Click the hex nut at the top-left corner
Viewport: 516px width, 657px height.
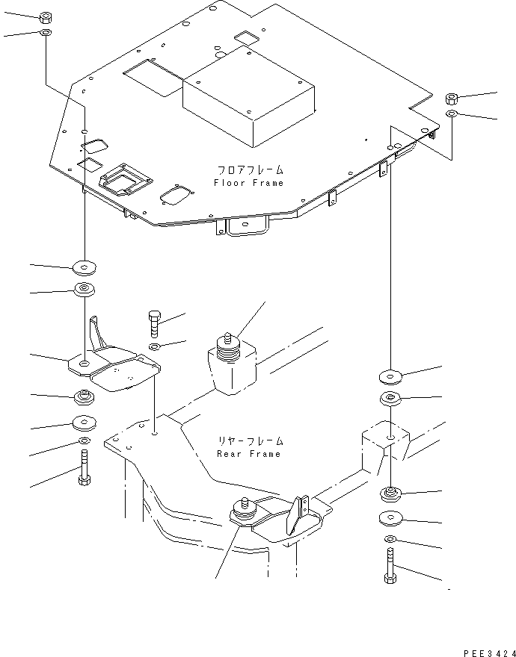(46, 18)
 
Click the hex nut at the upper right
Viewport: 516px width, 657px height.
(452, 99)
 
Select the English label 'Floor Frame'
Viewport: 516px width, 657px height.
(248, 183)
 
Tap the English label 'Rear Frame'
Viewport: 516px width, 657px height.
(248, 454)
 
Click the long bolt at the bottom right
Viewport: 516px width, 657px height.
(389, 565)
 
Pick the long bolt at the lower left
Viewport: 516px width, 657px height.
(84, 467)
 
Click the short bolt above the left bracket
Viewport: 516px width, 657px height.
(154, 324)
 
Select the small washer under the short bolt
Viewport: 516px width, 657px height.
(154, 346)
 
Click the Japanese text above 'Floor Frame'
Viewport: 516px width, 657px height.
(249, 170)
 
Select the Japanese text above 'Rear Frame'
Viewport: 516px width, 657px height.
(251, 441)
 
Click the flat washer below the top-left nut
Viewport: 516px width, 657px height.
(46, 32)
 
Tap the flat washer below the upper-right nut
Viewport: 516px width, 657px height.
(452, 113)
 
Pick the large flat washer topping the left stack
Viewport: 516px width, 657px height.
(85, 267)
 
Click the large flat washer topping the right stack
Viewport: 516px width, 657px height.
(390, 377)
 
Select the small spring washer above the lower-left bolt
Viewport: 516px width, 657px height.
(84, 440)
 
